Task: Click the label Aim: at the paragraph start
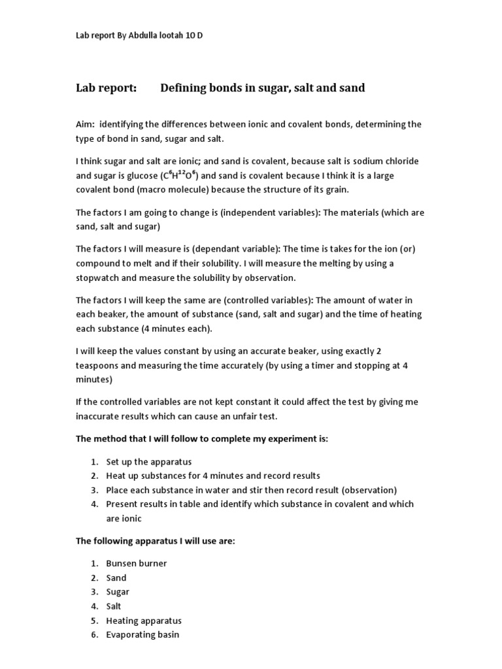pos(86,124)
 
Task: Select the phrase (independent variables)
pos(238,212)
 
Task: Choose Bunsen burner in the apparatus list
pos(137,563)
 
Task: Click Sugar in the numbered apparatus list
pos(118,592)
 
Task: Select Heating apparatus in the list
pos(144,621)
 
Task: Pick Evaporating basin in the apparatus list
pos(142,634)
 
